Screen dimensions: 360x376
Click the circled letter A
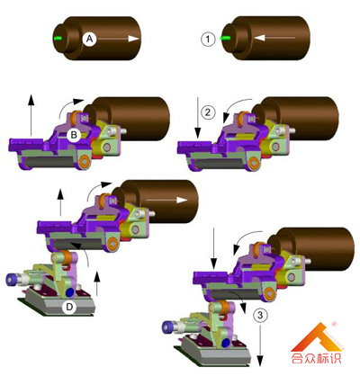tap(89, 39)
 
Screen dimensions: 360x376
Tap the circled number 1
tap(208, 39)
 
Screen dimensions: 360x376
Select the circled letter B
tap(74, 135)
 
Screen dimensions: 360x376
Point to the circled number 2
tap(208, 112)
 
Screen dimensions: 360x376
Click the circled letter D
tap(69, 307)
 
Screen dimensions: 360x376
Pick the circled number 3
tap(260, 316)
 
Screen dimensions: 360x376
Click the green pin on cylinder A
tap(58, 39)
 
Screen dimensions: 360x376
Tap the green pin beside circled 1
tap(225, 38)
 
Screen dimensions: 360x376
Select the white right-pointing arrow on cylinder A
tap(118, 39)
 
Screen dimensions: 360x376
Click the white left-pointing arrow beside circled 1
tap(274, 38)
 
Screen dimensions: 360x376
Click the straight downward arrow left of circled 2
tap(198, 118)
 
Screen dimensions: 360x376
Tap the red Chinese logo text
tap(316, 358)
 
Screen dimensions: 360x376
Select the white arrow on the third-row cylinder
tap(167, 200)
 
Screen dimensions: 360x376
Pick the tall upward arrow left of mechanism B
tap(31, 115)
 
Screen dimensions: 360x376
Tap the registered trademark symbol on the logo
tap(333, 324)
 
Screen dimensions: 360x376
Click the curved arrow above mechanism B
tap(69, 107)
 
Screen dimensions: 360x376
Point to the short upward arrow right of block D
tap(96, 283)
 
